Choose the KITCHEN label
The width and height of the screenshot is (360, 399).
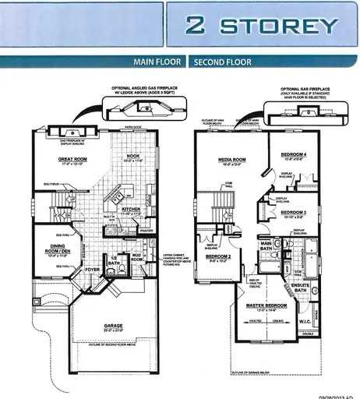pos(130,210)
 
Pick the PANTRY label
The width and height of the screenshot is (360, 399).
pos(145,230)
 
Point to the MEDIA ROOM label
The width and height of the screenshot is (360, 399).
pos(232,160)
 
